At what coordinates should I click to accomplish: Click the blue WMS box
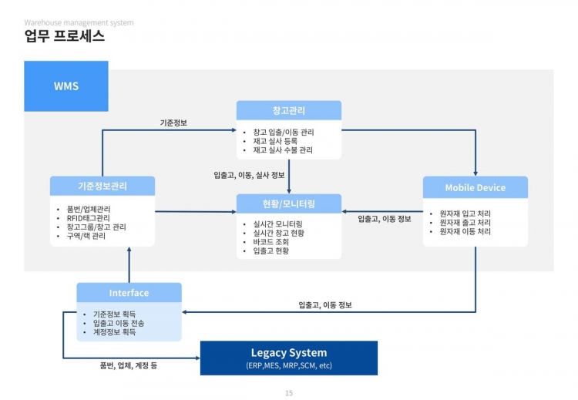point(66,86)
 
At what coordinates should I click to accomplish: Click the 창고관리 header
point(288,110)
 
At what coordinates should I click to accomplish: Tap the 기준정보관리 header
point(102,186)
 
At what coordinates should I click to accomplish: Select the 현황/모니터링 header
point(288,203)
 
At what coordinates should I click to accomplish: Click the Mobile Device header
point(475,187)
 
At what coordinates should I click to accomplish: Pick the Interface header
point(129,293)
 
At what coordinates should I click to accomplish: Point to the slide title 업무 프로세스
point(65,36)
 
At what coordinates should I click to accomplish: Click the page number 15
point(289,392)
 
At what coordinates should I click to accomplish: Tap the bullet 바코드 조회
point(265,242)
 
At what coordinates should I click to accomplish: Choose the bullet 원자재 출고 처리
point(465,222)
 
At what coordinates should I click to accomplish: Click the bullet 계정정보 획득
point(114,332)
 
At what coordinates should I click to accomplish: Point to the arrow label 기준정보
point(173,123)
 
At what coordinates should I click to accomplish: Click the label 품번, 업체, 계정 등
point(129,365)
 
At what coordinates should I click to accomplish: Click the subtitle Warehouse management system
point(79,22)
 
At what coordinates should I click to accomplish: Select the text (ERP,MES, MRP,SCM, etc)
point(288,365)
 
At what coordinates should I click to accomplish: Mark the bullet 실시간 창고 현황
point(274,233)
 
